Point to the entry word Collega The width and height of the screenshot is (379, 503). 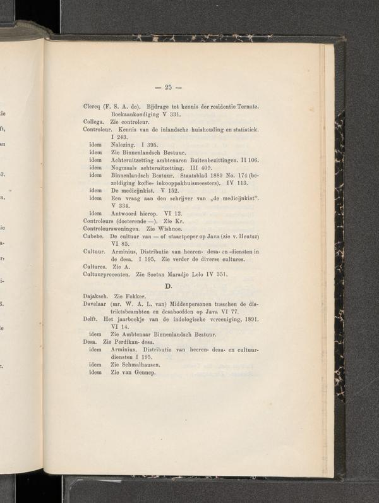coord(94,120)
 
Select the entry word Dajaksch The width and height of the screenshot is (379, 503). coord(96,296)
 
